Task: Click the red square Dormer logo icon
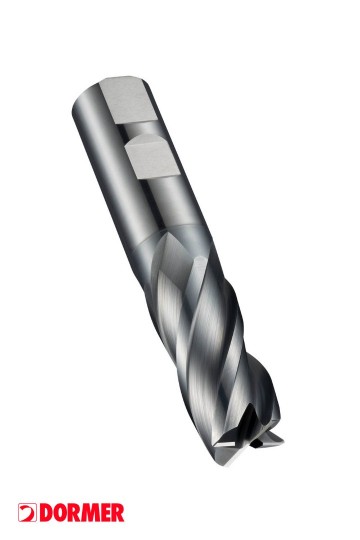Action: (27, 512)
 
